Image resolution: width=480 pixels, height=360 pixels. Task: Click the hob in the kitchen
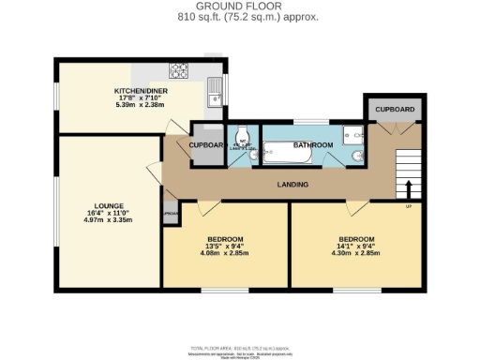coord(178,69)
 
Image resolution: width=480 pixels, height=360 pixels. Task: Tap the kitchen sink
coord(215,91)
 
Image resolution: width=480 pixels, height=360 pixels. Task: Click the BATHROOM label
coord(312,145)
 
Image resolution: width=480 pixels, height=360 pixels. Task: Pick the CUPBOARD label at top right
coord(394,110)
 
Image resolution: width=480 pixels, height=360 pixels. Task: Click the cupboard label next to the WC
coord(206,145)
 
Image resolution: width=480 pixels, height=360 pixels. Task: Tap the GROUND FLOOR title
coord(242,7)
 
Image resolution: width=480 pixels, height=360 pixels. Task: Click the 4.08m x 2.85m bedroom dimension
coord(225,252)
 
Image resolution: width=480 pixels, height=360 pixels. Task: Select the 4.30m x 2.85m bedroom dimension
coord(356,252)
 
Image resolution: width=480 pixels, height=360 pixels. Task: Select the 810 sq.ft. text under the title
coord(242,17)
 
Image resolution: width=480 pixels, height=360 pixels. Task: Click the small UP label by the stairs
coord(408,205)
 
